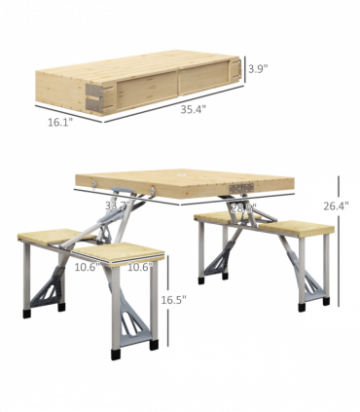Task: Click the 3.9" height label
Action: [x=257, y=69]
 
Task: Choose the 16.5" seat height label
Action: [x=173, y=300]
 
